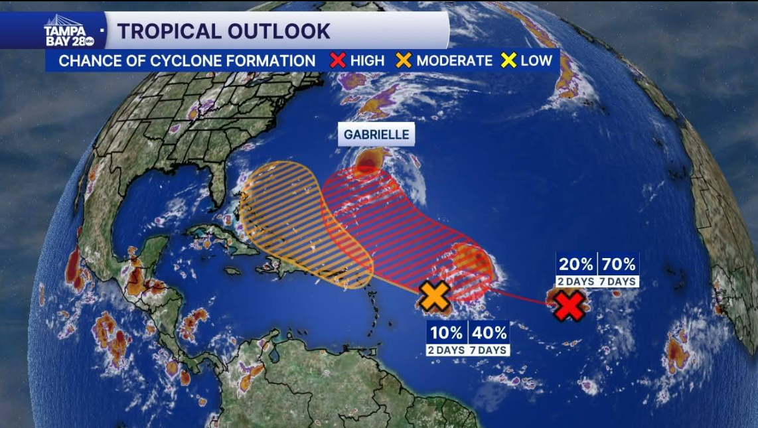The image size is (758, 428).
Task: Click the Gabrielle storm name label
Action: tap(376, 135)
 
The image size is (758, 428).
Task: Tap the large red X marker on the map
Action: tap(569, 305)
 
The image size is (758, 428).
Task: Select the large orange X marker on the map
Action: tap(435, 296)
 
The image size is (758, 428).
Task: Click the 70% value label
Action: tap(619, 264)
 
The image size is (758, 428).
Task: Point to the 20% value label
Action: tap(575, 264)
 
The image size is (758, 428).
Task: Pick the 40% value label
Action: tap(490, 332)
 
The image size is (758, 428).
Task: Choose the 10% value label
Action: tap(446, 332)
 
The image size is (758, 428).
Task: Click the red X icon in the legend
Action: tap(338, 60)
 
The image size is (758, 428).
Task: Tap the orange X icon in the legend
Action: tap(404, 60)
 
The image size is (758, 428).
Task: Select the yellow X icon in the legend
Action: tap(509, 60)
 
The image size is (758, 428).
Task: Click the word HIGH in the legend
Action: tap(367, 60)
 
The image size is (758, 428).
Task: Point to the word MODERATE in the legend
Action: tap(455, 60)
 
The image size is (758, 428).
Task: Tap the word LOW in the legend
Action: tap(536, 60)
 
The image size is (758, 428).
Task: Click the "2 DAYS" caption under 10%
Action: tap(446, 350)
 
